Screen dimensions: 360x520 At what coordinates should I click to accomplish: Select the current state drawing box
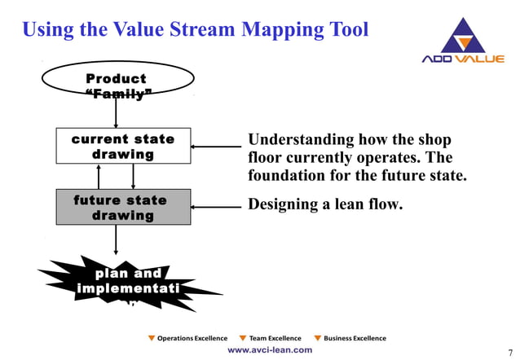coord(122,146)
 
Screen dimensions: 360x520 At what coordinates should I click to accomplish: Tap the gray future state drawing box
coord(122,208)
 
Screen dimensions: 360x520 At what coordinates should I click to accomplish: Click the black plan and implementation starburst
coord(122,281)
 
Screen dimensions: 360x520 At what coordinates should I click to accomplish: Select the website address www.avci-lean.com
coord(269,349)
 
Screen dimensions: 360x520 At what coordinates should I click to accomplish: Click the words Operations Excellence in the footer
coord(192,338)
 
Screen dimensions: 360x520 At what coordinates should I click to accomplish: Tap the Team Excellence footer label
coord(275,338)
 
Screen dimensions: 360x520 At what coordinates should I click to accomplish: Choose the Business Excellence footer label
coord(355,338)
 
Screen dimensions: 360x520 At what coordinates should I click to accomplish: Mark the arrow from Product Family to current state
coord(117,114)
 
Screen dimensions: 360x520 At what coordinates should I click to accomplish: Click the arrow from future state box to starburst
coord(117,239)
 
